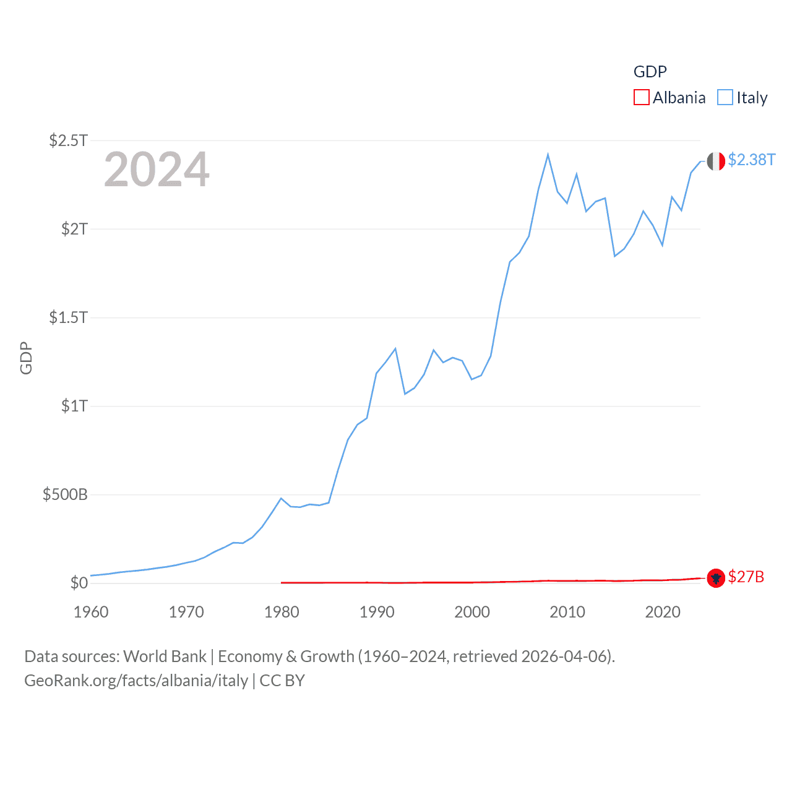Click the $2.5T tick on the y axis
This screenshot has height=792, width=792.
(68, 140)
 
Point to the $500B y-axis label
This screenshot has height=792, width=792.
(65, 494)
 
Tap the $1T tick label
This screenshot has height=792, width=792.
(74, 406)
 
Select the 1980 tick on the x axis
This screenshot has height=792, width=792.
(282, 612)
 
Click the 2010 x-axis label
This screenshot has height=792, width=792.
(567, 612)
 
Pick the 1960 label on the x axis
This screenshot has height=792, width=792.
(91, 612)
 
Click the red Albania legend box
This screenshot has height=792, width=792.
(642, 98)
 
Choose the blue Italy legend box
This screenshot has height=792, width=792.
(725, 98)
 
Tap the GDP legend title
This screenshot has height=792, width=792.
(650, 72)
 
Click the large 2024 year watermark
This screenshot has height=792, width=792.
(157, 170)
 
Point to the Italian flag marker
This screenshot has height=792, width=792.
(716, 161)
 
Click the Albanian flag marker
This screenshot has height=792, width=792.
(716, 578)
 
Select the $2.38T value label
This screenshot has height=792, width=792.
(751, 160)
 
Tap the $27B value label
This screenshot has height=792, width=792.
(746, 577)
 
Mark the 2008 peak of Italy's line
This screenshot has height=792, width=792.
(548, 155)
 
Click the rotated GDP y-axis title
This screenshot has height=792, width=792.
(26, 358)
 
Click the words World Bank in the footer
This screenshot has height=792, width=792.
(165, 656)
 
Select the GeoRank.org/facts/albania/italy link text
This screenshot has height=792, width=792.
(136, 681)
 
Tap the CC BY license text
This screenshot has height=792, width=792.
(282, 681)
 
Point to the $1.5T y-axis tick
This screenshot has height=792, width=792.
(68, 317)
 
